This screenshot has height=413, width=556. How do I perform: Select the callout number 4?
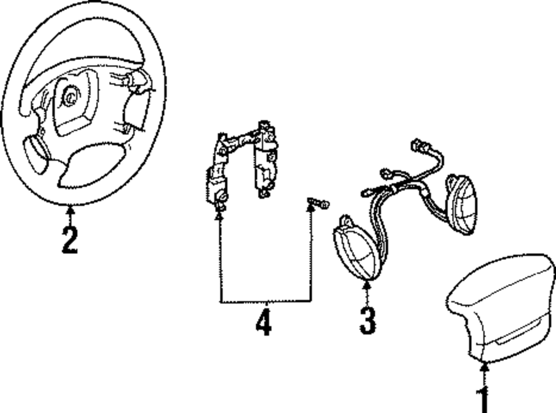tap(264, 322)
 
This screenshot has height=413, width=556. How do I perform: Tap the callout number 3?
tap(367, 320)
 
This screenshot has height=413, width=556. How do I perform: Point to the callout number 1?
tap(484, 399)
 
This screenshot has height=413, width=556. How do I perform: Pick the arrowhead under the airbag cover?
tap(484, 365)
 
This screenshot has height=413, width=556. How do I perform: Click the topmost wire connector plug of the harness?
tap(418, 146)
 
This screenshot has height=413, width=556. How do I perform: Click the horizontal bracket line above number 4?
tap(265, 302)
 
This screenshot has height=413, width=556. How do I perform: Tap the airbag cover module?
tap(500, 308)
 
